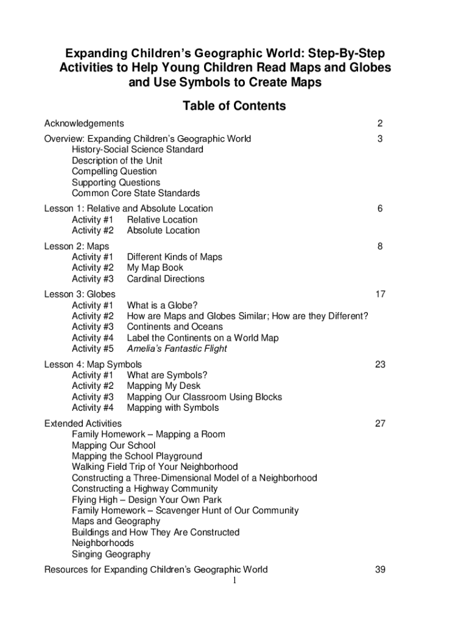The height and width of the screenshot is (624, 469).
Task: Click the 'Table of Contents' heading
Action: tap(234, 106)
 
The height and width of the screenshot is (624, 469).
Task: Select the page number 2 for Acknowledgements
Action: tap(379, 124)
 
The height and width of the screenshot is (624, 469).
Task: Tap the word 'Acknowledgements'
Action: tap(84, 124)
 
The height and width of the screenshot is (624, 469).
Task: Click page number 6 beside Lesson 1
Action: tap(379, 208)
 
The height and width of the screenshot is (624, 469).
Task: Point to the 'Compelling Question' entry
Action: tap(114, 171)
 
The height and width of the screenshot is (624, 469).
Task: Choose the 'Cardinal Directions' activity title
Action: tap(166, 278)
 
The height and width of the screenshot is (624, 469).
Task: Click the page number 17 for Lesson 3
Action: tap(380, 294)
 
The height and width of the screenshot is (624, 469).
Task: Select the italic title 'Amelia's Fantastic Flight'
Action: tap(177, 349)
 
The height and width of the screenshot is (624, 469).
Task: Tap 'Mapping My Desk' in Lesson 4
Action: tap(163, 386)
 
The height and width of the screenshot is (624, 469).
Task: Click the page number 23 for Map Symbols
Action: tap(380, 364)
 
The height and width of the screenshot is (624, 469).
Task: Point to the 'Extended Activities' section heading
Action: tap(83, 423)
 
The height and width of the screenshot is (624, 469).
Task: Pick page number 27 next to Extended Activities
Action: tap(380, 423)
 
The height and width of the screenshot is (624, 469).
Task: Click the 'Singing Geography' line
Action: tap(111, 554)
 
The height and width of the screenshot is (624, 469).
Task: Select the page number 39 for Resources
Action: tap(380, 570)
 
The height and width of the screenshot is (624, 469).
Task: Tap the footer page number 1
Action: tap(234, 581)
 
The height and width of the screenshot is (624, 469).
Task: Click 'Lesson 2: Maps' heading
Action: tap(77, 246)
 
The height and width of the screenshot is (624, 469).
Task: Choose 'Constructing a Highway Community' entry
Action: tap(144, 489)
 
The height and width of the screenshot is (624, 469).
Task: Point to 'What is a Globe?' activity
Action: tap(162, 305)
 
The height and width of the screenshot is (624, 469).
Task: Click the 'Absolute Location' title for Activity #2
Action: tap(163, 230)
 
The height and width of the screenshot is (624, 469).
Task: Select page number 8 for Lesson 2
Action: tap(379, 246)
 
